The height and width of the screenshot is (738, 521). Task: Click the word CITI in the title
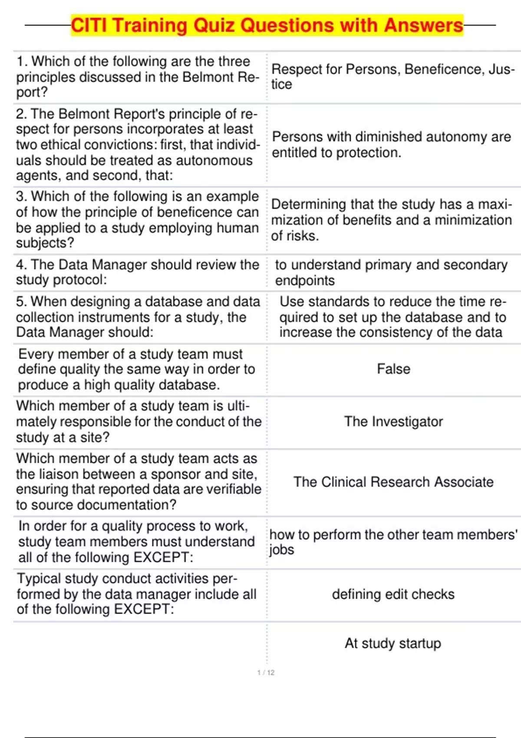pos(89,26)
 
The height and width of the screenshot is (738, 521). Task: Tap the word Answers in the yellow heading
pos(423,26)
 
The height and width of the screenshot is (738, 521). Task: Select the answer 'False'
pos(393,369)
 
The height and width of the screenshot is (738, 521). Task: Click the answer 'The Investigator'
pos(393,422)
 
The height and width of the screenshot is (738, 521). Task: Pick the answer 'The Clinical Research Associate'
pos(393,482)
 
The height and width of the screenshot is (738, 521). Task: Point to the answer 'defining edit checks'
pos(393,594)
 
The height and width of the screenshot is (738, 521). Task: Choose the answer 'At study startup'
pos(393,643)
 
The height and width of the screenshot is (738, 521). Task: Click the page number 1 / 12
pos(266,672)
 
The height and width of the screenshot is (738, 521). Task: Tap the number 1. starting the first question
pos(22,62)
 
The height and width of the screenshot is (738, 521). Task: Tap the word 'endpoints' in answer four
pos(305,281)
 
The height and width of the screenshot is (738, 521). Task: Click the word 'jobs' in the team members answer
pos(281,550)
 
